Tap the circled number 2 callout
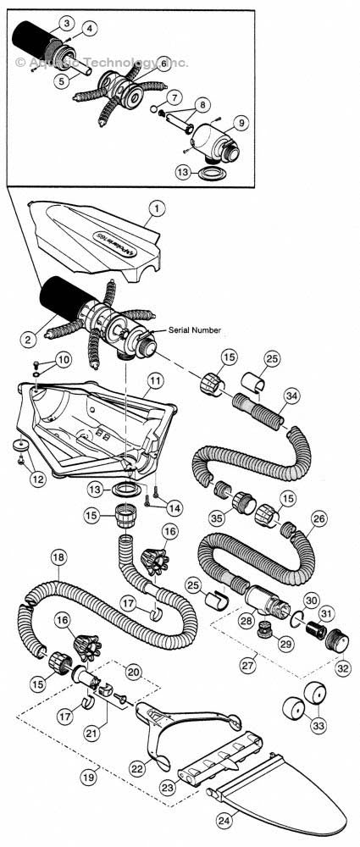(28, 340)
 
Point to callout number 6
(163, 64)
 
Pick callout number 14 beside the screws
(174, 508)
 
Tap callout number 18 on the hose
(58, 558)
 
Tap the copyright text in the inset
(102, 63)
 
